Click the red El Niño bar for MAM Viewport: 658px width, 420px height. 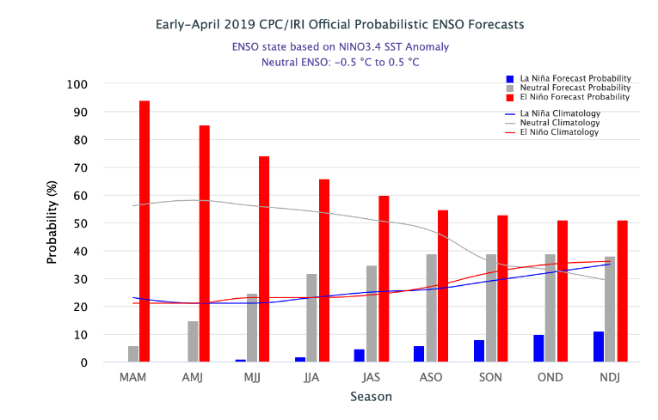pos(145,231)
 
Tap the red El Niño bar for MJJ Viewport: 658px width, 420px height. pos(264,259)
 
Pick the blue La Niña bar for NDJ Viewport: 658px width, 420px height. pos(598,347)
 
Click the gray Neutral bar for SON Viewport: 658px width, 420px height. pos(491,308)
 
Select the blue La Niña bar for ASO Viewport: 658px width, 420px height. pos(419,354)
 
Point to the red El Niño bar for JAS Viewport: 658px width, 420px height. pos(384,279)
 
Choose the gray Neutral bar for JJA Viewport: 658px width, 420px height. pos(311,318)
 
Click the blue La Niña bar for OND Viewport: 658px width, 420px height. pos(538,349)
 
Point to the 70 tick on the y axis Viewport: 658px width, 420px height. pos(80,167)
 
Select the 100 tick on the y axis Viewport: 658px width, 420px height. pos(77,84)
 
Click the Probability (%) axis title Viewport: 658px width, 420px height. pos(52,222)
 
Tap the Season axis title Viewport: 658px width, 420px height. pos(371,397)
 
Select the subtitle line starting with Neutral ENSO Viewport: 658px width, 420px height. pos(340,62)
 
